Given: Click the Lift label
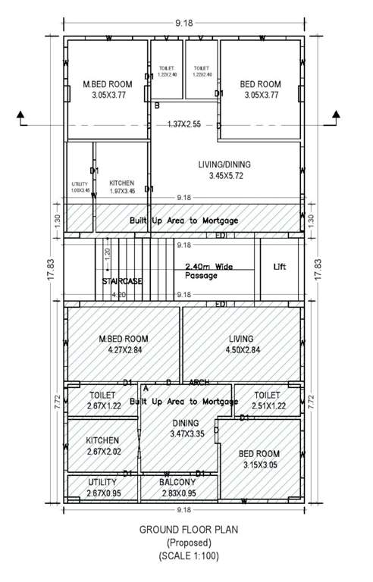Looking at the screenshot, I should pyautogui.click(x=280, y=268).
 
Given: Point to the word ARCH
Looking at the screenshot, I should pyautogui.click(x=199, y=382).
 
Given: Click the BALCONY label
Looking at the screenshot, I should pyautogui.click(x=177, y=482).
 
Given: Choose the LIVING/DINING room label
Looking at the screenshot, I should pyautogui.click(x=219, y=164).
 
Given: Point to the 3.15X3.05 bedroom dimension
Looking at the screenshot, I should pyautogui.click(x=260, y=465).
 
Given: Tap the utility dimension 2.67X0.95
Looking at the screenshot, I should pyautogui.click(x=102, y=493).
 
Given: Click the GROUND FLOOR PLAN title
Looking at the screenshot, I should pyautogui.click(x=186, y=530).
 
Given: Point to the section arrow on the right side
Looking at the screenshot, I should pyautogui.click(x=335, y=115).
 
